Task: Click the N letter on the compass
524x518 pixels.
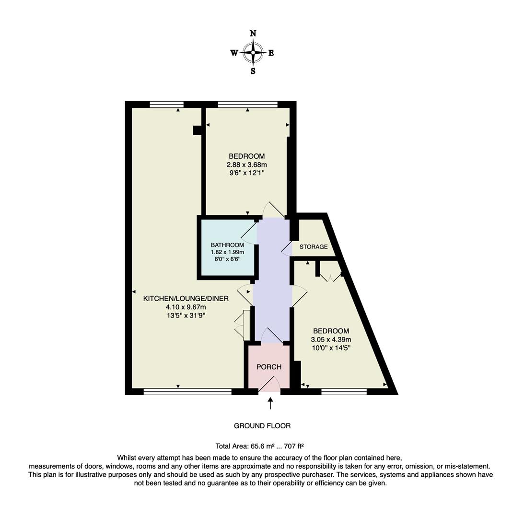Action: [x=253, y=34]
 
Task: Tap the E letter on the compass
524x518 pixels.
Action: [x=271, y=53]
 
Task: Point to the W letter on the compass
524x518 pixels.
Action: [x=234, y=53]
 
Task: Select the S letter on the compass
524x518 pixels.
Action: [x=253, y=71]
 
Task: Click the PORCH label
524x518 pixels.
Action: [x=268, y=367]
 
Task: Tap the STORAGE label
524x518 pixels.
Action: [x=314, y=247]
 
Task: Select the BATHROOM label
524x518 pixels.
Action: [x=227, y=245]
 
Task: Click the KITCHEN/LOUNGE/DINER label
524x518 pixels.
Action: [x=186, y=298]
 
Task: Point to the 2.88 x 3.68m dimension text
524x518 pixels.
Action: [x=246, y=165]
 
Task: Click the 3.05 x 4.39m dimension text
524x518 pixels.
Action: [x=331, y=340]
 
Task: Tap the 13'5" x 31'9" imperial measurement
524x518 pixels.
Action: [x=186, y=315]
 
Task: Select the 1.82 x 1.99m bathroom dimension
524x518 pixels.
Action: [x=227, y=252]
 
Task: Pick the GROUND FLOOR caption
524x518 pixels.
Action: [x=262, y=426]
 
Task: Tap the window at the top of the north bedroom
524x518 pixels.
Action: [x=247, y=104]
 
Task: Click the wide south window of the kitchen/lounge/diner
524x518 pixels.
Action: [x=187, y=392]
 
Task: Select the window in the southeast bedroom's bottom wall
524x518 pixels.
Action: [x=344, y=392]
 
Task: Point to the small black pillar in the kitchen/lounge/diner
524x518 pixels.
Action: [x=197, y=130]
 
